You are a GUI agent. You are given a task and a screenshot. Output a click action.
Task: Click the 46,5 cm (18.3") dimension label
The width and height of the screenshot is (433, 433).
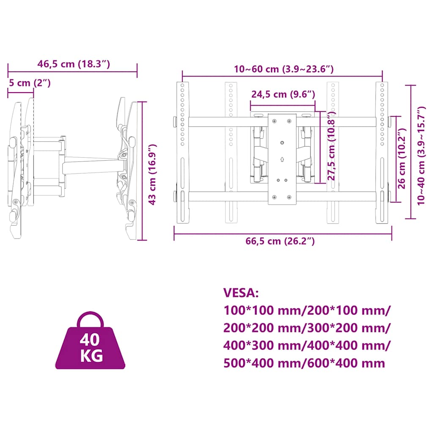74,64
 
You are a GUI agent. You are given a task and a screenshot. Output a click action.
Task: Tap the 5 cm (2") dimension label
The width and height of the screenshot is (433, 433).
30,83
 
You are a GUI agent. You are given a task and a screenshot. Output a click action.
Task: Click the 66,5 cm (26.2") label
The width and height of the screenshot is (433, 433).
281,241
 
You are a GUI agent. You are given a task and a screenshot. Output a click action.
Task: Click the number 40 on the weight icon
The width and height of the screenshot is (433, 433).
91,340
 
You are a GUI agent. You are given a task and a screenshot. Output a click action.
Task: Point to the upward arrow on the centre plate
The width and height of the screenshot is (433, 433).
282,160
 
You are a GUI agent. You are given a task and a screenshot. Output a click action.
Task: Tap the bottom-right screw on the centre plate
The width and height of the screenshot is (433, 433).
289,197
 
